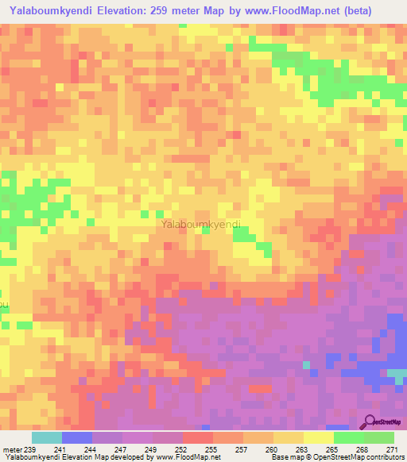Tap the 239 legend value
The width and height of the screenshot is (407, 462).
[32, 449]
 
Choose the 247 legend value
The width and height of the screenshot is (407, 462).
[122, 449]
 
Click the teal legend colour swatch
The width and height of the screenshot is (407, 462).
[46, 437]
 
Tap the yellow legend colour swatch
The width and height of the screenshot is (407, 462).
[318, 437]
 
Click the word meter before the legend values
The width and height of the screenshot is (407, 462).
[12, 449]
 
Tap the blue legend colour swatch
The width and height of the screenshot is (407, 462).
[76, 437]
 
